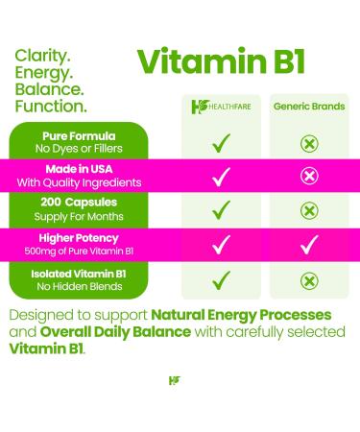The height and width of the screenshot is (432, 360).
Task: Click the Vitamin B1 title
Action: [x=221, y=60]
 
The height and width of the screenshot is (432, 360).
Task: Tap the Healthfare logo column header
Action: [x=221, y=106]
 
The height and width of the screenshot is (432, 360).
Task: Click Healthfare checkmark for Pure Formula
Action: [x=221, y=141]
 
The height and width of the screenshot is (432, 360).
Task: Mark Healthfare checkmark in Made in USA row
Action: [x=221, y=176]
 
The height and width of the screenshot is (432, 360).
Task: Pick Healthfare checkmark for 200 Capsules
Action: [x=221, y=210]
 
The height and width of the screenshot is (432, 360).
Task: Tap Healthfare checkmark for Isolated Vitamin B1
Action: [x=221, y=279]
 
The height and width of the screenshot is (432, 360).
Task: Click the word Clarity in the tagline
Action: [x=43, y=57]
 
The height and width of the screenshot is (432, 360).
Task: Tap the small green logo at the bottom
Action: [x=173, y=381]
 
